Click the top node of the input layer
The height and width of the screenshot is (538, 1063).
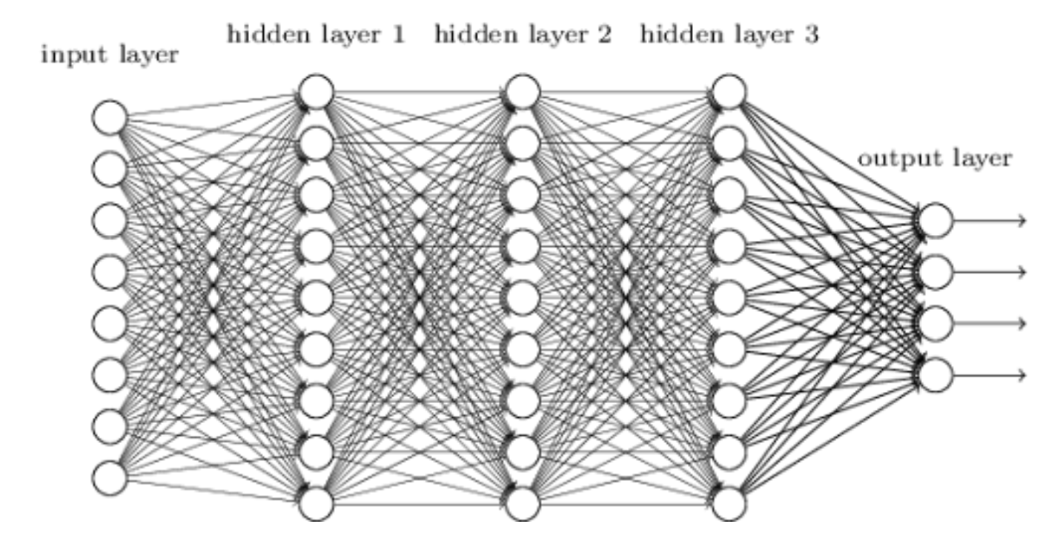(x=110, y=118)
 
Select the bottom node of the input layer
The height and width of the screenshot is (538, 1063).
(x=110, y=476)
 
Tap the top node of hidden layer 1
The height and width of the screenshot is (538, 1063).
(x=317, y=92)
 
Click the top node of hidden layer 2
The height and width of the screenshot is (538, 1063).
(x=523, y=92)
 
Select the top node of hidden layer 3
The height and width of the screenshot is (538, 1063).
(x=729, y=92)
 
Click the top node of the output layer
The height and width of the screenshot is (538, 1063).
(x=935, y=220)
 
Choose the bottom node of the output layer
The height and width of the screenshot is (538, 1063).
(x=935, y=374)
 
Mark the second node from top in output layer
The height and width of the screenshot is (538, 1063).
(x=935, y=271)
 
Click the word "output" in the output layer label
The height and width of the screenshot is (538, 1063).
(x=894, y=159)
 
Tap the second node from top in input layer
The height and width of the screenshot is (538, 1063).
(x=110, y=169)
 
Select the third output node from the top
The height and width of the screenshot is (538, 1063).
(x=935, y=323)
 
